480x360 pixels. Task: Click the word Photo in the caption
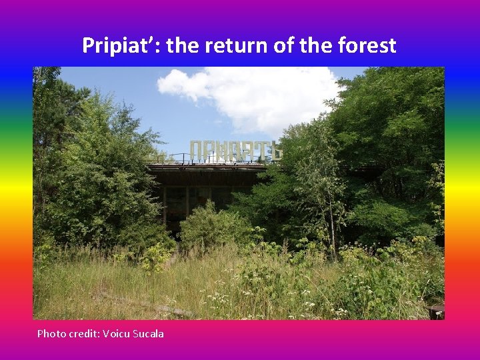[51, 333]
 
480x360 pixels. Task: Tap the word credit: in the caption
[83, 333]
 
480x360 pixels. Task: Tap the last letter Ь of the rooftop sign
[275, 150]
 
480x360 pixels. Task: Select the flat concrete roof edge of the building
[207, 167]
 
